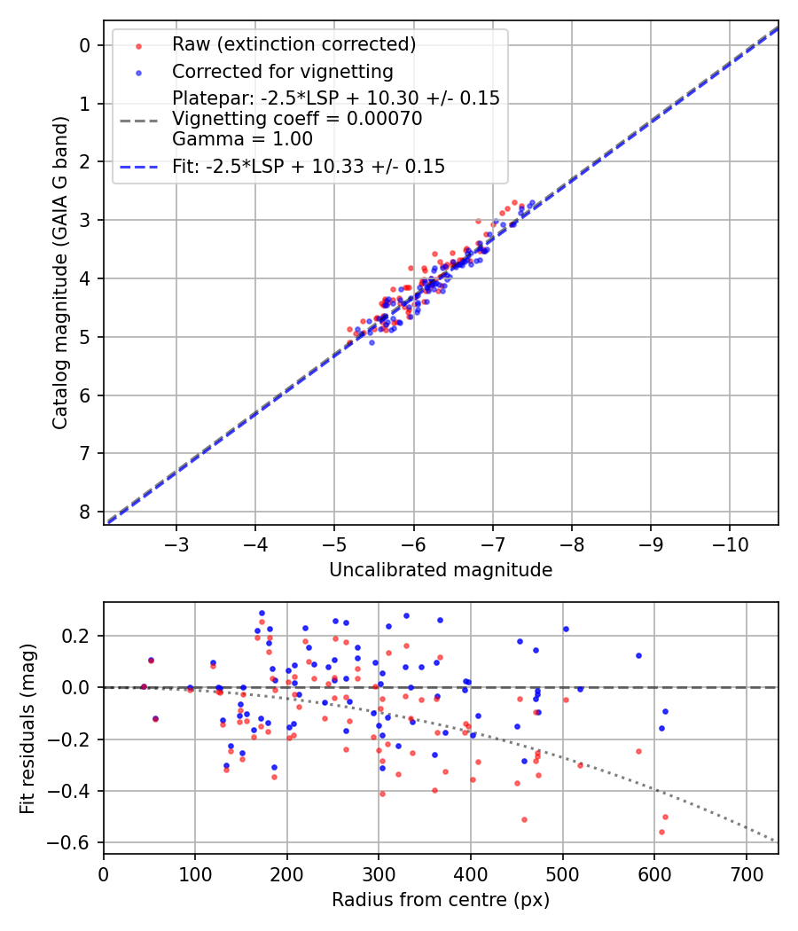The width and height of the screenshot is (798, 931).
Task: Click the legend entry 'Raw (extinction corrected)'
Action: tap(293, 44)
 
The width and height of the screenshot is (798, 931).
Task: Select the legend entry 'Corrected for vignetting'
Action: tap(282, 71)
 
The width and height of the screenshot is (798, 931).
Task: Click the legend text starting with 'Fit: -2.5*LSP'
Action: tap(309, 166)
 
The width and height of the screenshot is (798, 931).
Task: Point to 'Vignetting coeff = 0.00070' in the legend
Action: tap(297, 119)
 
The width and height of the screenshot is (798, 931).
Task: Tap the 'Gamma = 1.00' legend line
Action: tap(242, 138)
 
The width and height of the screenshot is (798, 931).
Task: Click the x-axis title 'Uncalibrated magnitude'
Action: tap(441, 570)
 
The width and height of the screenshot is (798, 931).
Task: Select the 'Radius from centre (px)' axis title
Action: tap(441, 900)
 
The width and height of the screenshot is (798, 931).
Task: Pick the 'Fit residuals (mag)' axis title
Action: tap(27, 727)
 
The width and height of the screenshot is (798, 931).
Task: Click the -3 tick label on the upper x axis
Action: tap(176, 542)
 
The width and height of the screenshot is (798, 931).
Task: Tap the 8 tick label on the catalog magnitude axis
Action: tap(85, 512)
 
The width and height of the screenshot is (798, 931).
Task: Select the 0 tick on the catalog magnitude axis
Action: tap(85, 45)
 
